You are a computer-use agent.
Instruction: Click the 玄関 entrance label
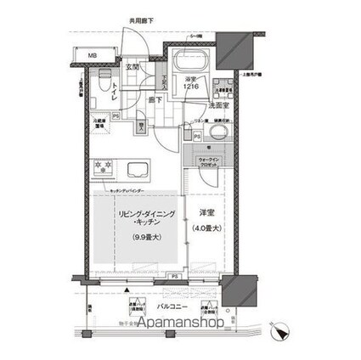tap(133, 65)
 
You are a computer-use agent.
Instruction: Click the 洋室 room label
tap(207, 212)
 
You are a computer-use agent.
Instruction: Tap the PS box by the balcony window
tap(173, 277)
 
